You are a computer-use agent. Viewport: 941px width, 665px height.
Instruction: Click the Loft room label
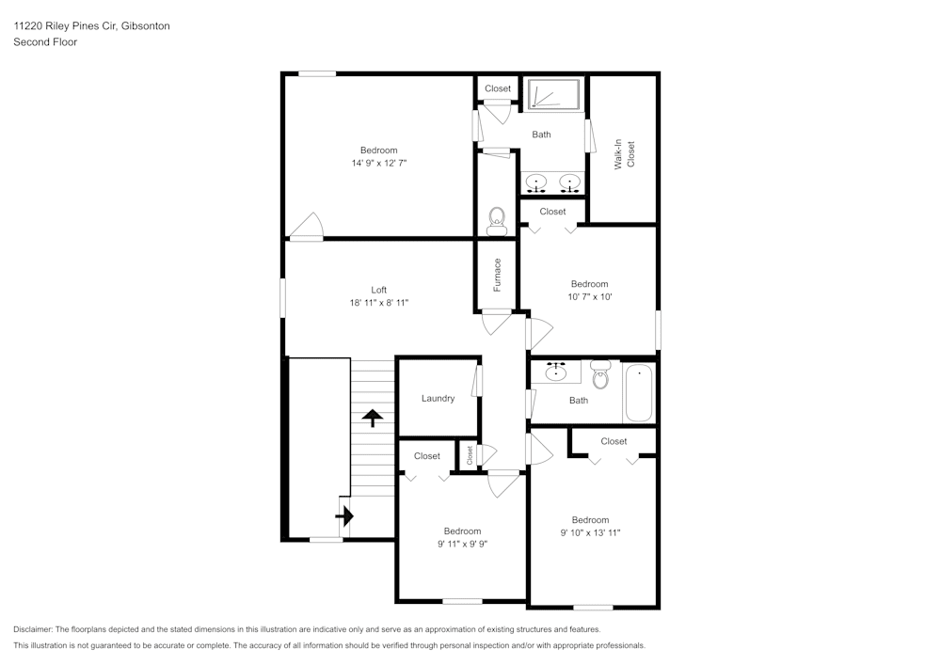pyautogui.click(x=378, y=290)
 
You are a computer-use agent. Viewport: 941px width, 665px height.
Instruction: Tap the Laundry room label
pyautogui.click(x=438, y=398)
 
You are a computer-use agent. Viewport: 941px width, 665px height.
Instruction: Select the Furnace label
pyautogui.click(x=497, y=274)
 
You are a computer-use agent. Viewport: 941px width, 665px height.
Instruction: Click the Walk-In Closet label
pyautogui.click(x=625, y=154)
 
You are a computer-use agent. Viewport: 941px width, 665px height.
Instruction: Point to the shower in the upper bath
pyautogui.click(x=554, y=94)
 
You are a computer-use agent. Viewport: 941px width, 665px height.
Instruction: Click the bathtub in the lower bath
pyautogui.click(x=639, y=394)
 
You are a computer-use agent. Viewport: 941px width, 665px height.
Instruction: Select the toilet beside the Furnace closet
pyautogui.click(x=497, y=222)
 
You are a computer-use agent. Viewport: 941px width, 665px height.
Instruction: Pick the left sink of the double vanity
pyautogui.click(x=536, y=182)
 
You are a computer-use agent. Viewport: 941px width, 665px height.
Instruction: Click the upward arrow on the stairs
pyautogui.click(x=374, y=418)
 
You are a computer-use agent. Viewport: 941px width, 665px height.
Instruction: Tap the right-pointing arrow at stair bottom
pyautogui.click(x=344, y=515)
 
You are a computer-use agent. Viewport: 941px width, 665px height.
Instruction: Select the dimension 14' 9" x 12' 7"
pyautogui.click(x=378, y=163)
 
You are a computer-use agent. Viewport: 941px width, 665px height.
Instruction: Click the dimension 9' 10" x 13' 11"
pyautogui.click(x=590, y=532)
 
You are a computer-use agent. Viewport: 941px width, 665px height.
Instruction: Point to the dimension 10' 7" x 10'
pyautogui.click(x=590, y=296)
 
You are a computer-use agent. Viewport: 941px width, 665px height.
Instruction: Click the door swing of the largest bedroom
pyautogui.click(x=307, y=227)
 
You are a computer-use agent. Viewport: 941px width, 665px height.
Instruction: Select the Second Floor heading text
pyautogui.click(x=45, y=42)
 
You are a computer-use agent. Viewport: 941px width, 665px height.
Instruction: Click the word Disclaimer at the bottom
pyautogui.click(x=34, y=628)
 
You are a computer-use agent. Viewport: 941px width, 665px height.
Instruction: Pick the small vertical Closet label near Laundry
pyautogui.click(x=470, y=455)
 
